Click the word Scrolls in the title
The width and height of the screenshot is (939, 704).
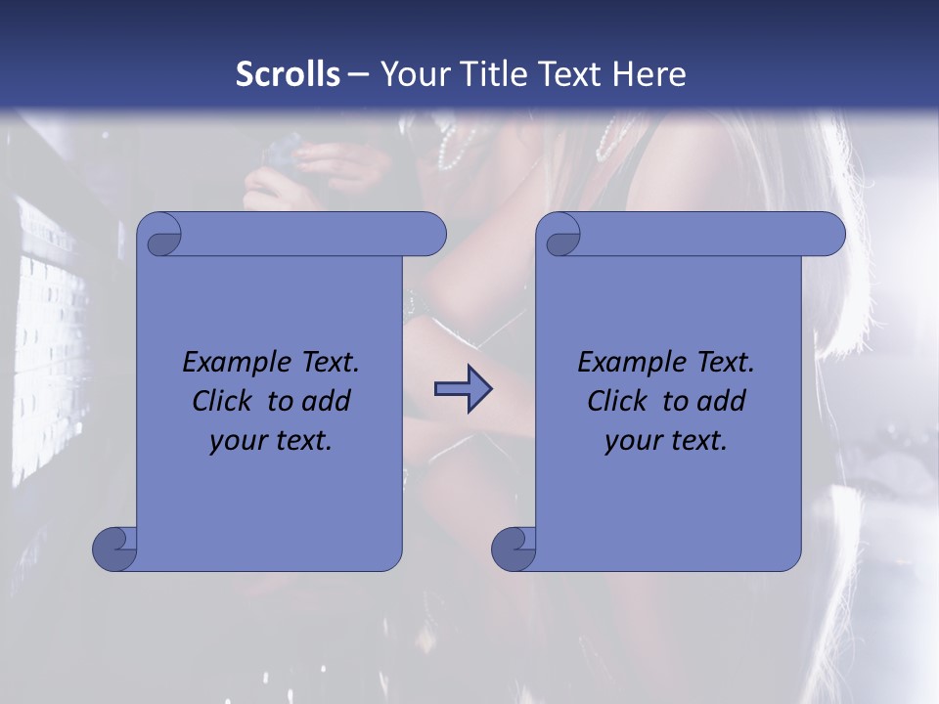coord(288,74)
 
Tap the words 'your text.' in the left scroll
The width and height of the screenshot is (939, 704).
coord(271,441)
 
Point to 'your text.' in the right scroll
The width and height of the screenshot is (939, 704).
coord(666,441)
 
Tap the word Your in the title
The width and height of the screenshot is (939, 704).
coord(412,74)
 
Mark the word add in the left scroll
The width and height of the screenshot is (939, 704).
coord(326,401)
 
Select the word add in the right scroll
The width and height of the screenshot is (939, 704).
coord(721,401)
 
